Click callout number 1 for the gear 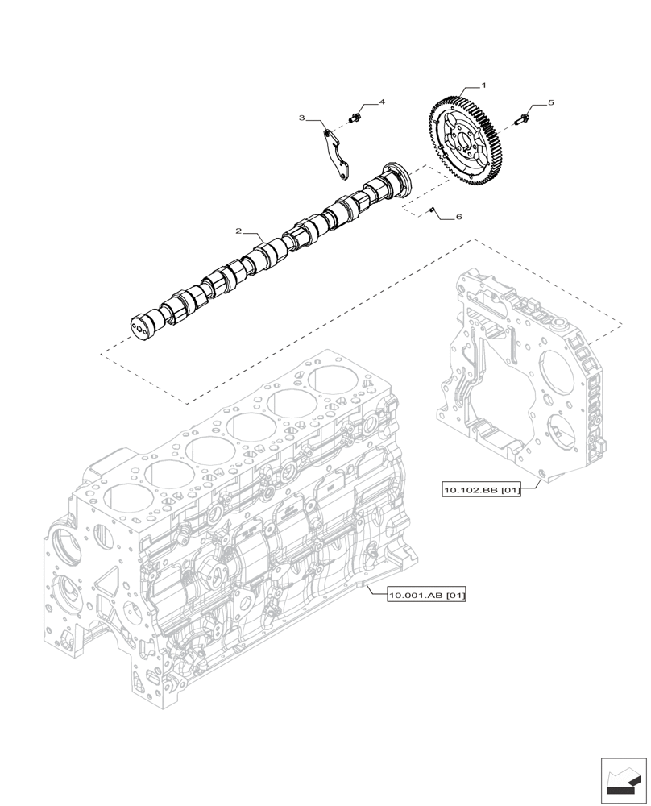pos(483,85)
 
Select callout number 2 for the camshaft pos(238,231)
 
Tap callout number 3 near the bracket pos(302,118)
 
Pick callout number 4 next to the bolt pos(382,102)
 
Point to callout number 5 pos(551,103)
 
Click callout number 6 pos(458,217)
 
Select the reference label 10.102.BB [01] pos(481,489)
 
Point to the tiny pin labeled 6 pos(433,210)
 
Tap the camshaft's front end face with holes pos(142,326)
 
